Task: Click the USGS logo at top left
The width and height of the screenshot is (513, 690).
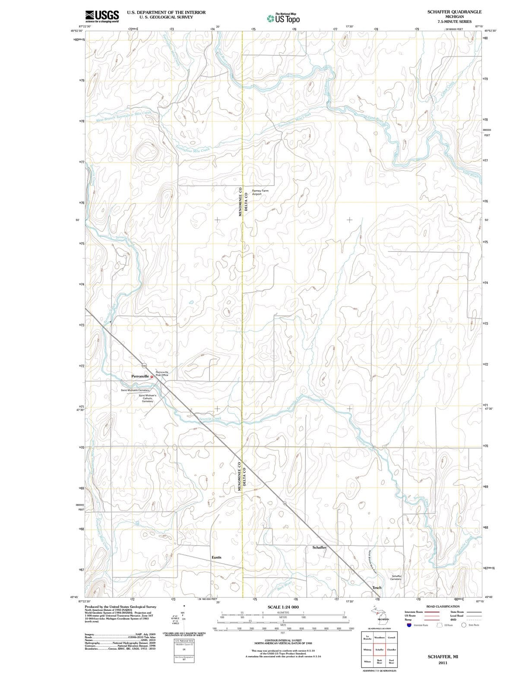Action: (x=102, y=16)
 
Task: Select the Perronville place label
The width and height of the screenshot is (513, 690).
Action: (x=140, y=376)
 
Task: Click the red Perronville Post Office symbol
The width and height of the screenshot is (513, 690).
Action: (x=152, y=376)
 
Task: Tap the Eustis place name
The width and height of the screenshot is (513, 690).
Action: (x=216, y=557)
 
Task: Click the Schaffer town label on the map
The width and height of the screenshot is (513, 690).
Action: (x=319, y=547)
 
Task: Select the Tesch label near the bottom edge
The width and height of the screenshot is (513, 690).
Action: (x=377, y=588)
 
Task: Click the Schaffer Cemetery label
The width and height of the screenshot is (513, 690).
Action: (x=396, y=577)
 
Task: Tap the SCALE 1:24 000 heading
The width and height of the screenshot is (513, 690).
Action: (x=283, y=607)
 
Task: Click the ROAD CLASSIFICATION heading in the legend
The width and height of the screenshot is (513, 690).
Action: (x=443, y=606)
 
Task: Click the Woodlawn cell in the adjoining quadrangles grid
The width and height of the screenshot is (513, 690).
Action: (x=379, y=637)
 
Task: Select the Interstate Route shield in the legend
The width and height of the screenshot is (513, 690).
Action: (x=408, y=625)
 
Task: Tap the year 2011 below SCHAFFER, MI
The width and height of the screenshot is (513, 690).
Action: (x=442, y=663)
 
